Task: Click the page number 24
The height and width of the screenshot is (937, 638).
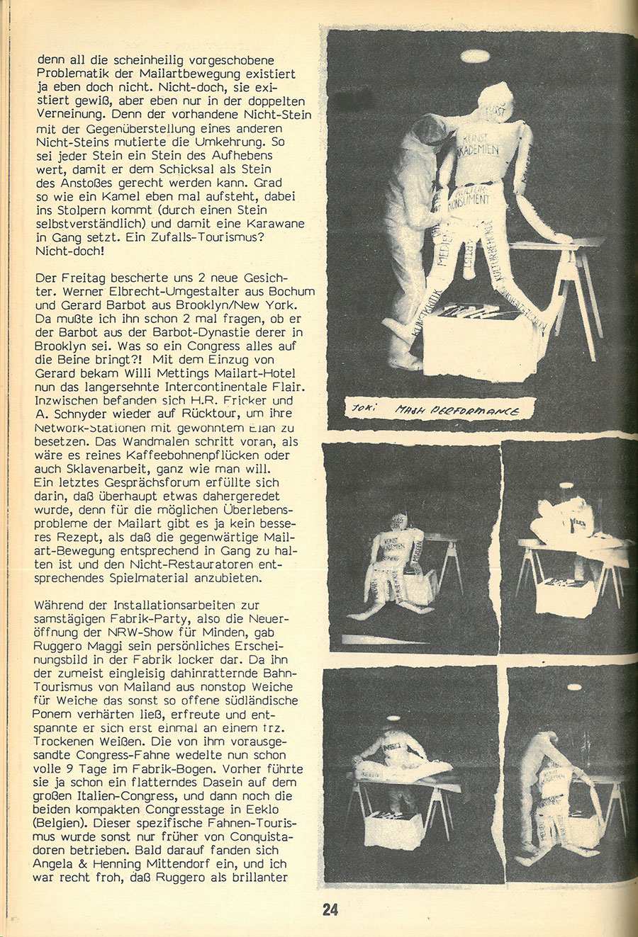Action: [330, 909]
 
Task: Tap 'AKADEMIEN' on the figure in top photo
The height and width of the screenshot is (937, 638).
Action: [474, 149]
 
